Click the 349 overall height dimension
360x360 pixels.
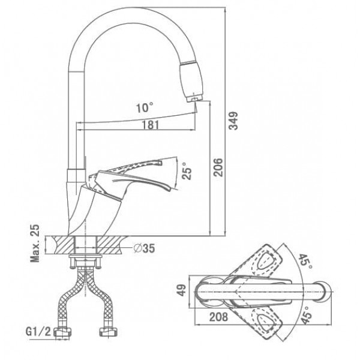[x=234, y=121]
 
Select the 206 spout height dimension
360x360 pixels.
[x=218, y=167]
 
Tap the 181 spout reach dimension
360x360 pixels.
[x=150, y=125]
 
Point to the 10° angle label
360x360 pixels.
[x=145, y=107]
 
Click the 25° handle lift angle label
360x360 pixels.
[x=187, y=170]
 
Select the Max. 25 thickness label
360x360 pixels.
[x=35, y=244]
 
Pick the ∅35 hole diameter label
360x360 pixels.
[x=144, y=248]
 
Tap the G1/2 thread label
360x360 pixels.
[x=38, y=332]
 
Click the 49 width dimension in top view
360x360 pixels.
[x=182, y=290]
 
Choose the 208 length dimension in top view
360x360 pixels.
[x=218, y=317]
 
